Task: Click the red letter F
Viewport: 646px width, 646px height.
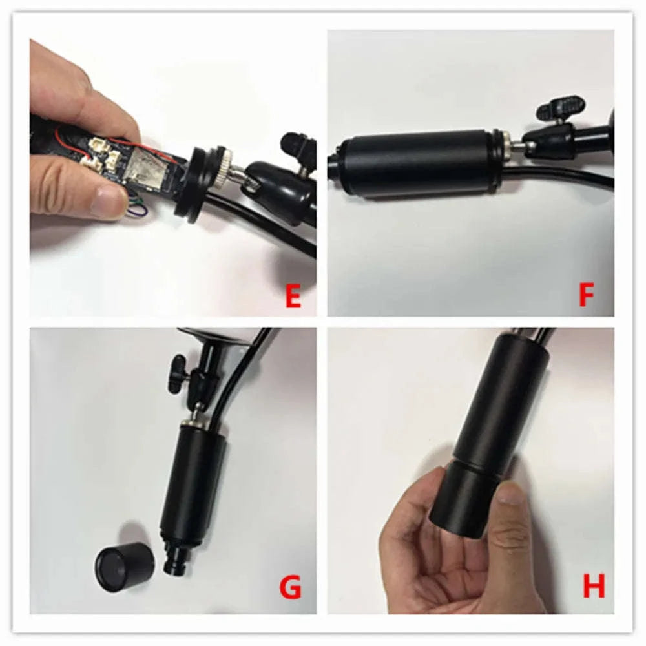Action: tap(587, 294)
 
